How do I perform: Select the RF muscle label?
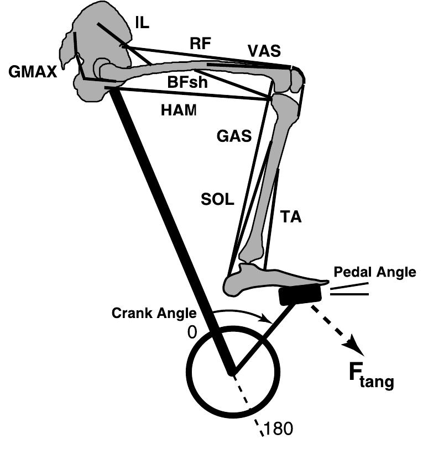(200, 44)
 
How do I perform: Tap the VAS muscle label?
(264, 51)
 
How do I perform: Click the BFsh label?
(182, 82)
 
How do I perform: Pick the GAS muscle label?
(234, 135)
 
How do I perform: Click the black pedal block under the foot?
(300, 295)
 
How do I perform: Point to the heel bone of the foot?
(234, 285)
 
